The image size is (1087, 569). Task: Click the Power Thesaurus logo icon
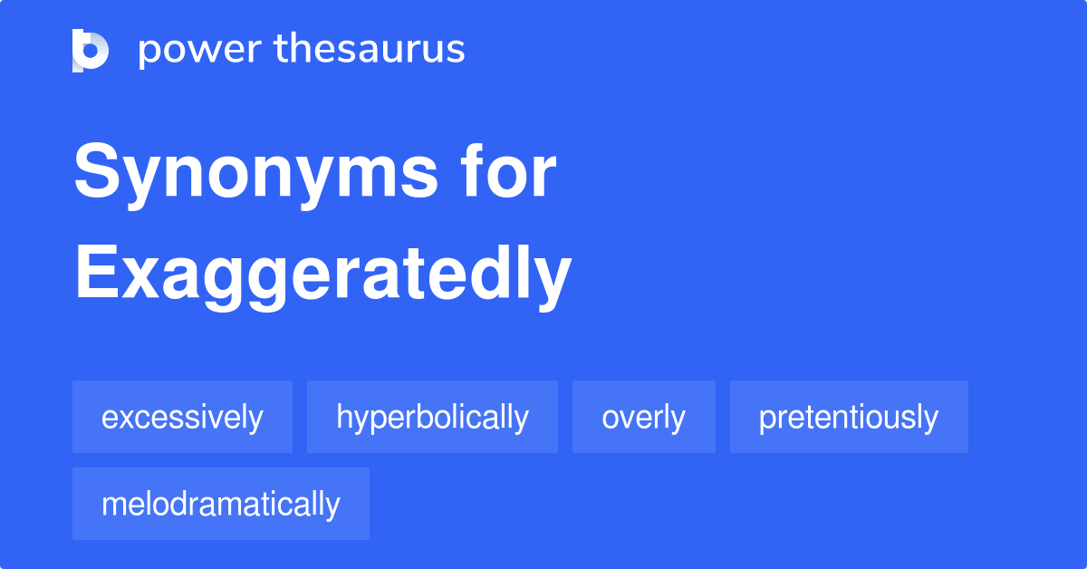tap(91, 50)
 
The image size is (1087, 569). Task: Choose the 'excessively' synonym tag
tap(182, 418)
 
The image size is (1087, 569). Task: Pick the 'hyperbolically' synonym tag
tap(432, 418)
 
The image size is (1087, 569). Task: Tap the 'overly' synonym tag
tap(643, 418)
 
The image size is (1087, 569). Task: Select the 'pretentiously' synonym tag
tap(849, 418)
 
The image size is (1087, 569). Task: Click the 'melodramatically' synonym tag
tap(221, 505)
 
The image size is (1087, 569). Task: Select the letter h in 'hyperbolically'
tap(343, 418)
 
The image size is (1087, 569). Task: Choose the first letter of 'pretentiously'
tap(765, 420)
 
